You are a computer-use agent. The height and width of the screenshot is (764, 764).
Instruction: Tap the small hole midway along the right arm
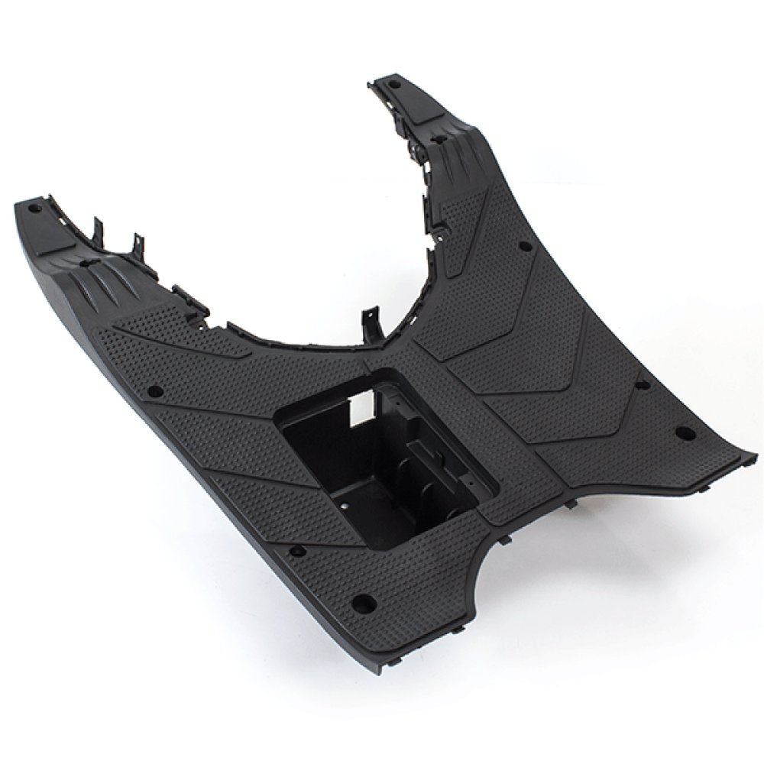[524, 246]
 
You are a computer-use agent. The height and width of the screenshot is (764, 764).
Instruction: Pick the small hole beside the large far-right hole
[640, 384]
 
